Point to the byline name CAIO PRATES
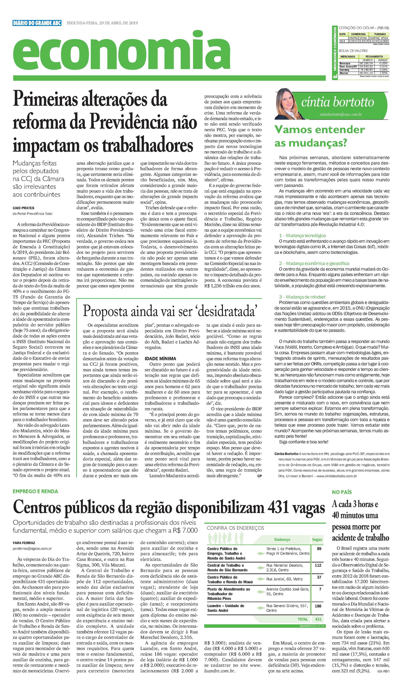[x=24, y=208]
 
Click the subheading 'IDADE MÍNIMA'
[x=160, y=358]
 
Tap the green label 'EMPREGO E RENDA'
[x=35, y=491]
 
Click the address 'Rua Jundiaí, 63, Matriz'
[x=284, y=579]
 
